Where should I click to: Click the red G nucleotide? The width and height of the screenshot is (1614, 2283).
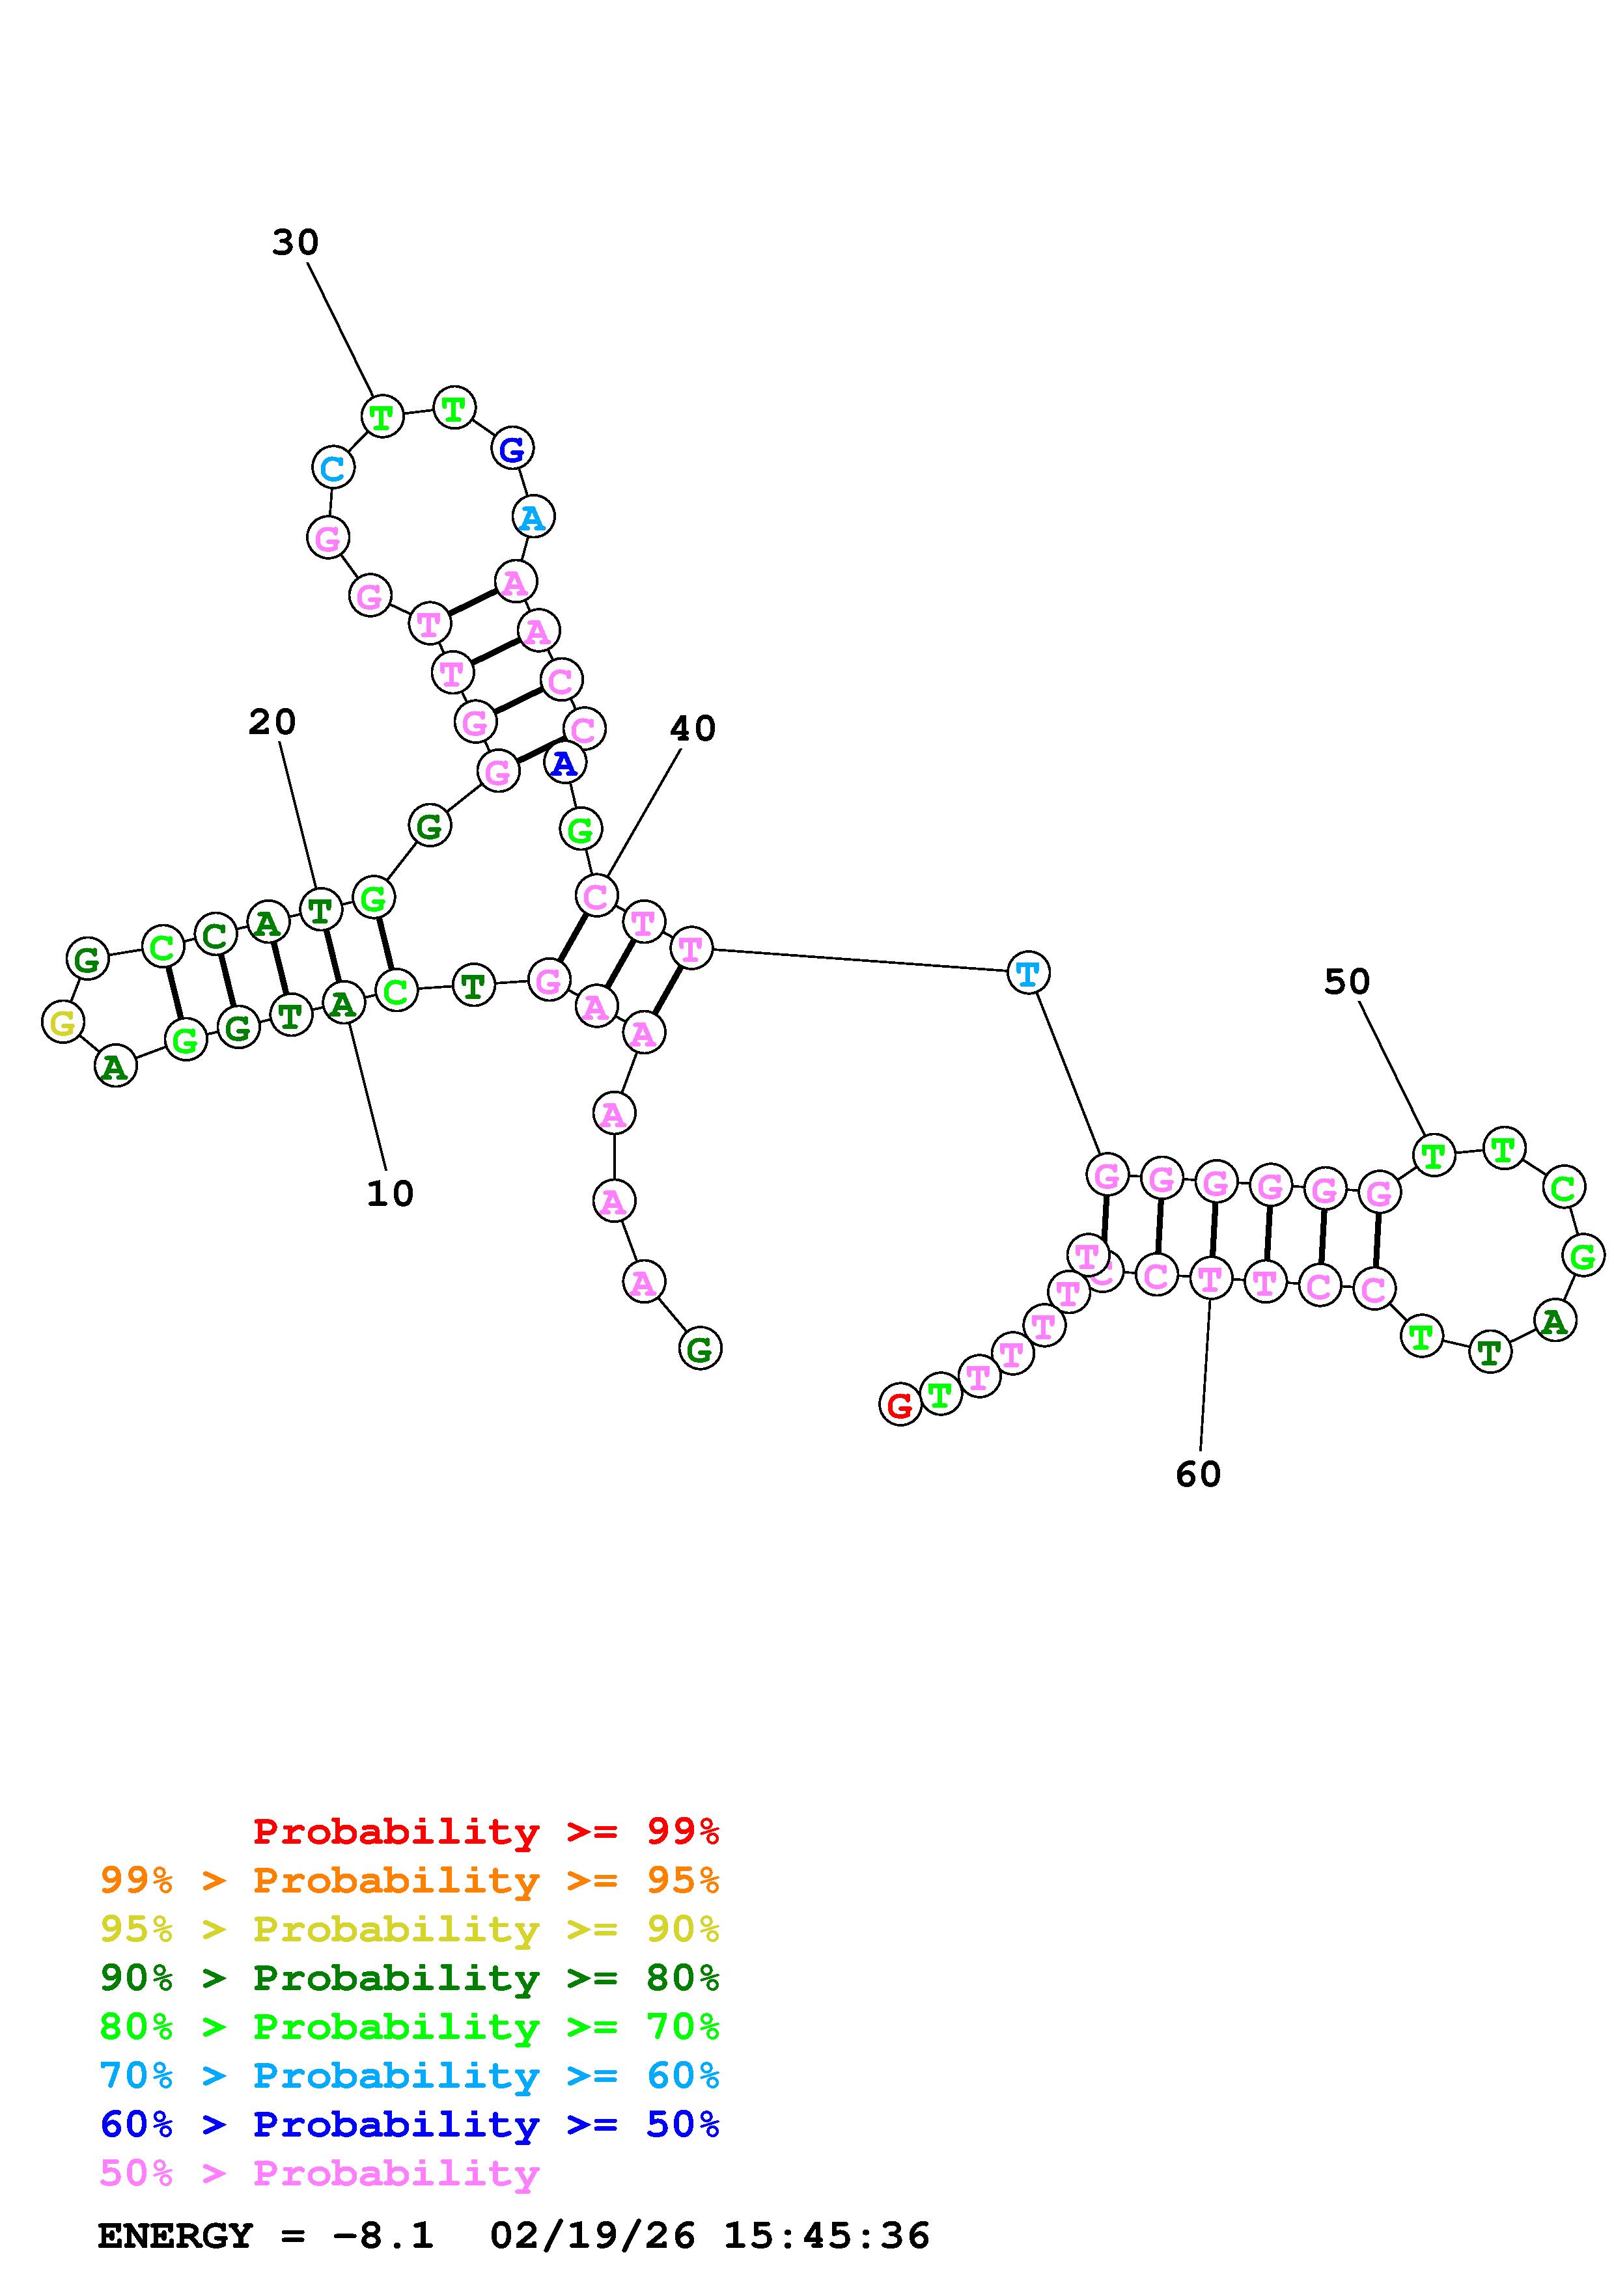[899, 1405]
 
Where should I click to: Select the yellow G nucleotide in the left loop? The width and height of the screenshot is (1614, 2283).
[63, 1022]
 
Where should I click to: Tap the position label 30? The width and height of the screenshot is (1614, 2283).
[296, 241]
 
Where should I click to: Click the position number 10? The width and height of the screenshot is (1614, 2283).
[390, 1193]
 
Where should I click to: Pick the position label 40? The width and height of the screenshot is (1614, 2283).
[692, 729]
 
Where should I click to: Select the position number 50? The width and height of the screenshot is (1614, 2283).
[1346, 981]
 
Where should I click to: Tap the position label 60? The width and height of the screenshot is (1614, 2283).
[1199, 1473]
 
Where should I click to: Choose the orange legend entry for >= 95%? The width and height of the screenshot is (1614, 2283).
[410, 1880]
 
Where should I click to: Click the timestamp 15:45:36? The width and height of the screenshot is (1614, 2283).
[826, 2235]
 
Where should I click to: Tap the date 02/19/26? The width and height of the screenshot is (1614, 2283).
[592, 2235]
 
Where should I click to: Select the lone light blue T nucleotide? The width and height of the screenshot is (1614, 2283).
[1028, 972]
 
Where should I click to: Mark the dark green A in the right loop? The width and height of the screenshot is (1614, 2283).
[1555, 1322]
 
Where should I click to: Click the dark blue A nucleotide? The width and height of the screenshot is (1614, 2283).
[564, 763]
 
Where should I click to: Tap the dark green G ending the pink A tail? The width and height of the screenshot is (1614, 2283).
[700, 1349]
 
